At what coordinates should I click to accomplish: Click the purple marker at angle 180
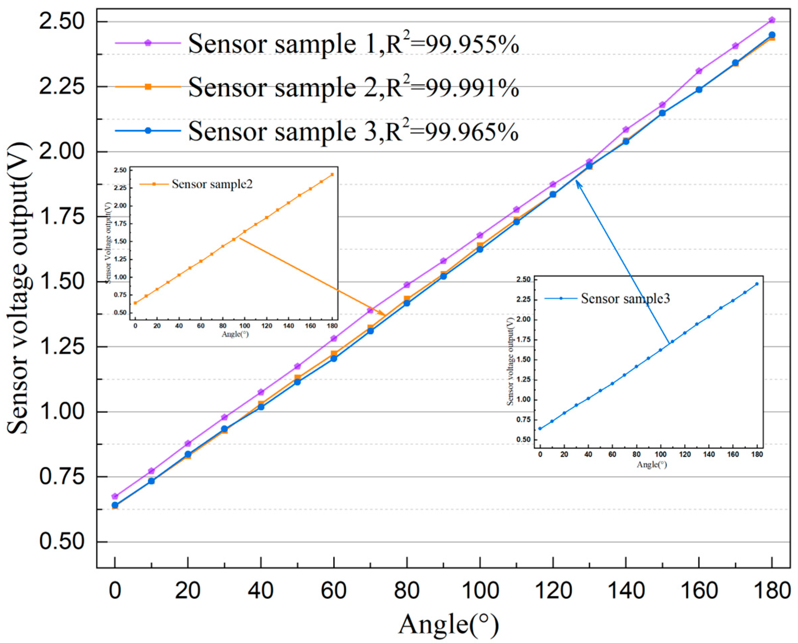coord(772,20)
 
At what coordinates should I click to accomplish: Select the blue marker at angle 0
coord(115,505)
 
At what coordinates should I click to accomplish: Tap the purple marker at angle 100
coord(480,235)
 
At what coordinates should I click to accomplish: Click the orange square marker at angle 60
coord(334,354)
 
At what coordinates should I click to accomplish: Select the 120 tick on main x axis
coord(553,591)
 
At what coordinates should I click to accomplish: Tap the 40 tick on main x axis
coord(261,591)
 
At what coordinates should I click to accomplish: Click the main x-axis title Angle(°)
coord(448,625)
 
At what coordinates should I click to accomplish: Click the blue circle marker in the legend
coord(148,130)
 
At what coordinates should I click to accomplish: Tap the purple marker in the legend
coord(148,43)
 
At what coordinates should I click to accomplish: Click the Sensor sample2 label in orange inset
coord(212,184)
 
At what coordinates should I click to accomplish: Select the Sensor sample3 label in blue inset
coord(625,299)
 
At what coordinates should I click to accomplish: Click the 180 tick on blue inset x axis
coord(757,455)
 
